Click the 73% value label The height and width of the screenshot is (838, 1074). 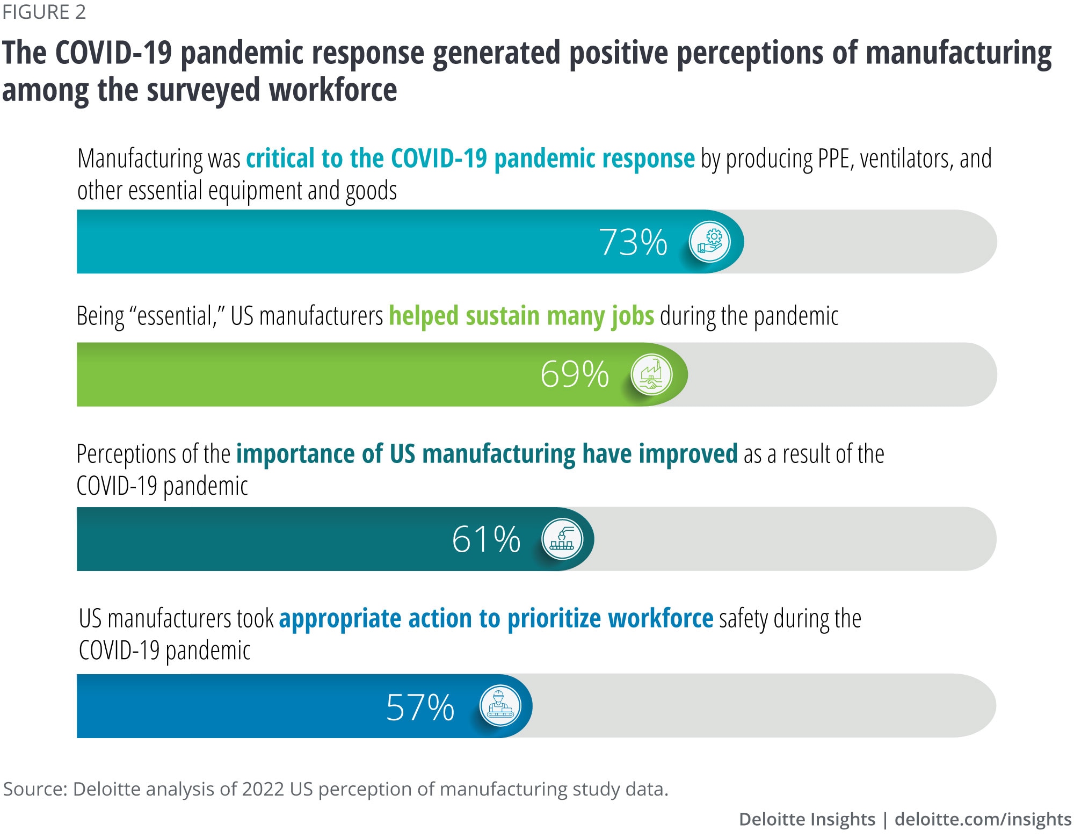pos(633,242)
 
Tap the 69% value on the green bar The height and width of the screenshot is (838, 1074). pos(575,374)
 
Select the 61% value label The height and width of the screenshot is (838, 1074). pos(486,539)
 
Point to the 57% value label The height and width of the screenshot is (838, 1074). pos(420,707)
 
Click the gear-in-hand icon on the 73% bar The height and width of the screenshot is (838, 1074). pos(710,242)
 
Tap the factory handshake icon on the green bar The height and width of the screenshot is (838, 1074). pos(651,374)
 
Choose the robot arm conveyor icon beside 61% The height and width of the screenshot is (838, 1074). pos(562,539)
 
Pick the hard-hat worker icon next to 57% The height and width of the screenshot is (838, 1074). pos(500,706)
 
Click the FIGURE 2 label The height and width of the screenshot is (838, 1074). pos(44,12)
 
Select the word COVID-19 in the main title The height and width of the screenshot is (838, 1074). pos(113,53)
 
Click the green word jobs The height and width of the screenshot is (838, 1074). pos(632,316)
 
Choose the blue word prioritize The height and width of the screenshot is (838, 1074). pos(554,619)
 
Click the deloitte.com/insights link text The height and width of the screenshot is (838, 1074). pos(983,819)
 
